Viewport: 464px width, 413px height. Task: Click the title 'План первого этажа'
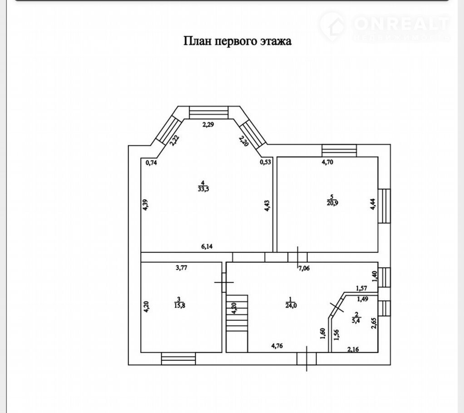[237, 41]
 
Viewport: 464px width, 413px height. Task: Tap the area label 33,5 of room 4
[203, 189]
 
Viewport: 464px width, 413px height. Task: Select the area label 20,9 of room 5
[332, 203]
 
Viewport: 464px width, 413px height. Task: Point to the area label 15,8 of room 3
[180, 305]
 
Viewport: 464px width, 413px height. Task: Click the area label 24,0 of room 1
[291, 305]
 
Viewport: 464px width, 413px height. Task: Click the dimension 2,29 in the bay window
[208, 124]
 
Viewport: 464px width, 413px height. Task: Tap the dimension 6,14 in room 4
[207, 246]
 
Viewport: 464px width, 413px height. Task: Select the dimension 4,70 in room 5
[327, 162]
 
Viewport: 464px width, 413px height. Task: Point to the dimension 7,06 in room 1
[304, 269]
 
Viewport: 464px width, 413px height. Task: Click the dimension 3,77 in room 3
[182, 268]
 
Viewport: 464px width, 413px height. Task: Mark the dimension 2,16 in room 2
[353, 349]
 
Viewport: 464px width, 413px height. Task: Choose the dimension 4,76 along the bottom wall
[277, 346]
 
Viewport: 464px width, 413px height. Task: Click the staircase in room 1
[237, 323]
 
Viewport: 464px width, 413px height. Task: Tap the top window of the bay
[209, 113]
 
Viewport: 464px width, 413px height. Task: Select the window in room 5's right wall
[384, 206]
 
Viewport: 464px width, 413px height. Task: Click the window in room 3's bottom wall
[178, 359]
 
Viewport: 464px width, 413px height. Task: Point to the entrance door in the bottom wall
[306, 359]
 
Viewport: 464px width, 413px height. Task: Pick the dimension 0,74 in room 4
[152, 162]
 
